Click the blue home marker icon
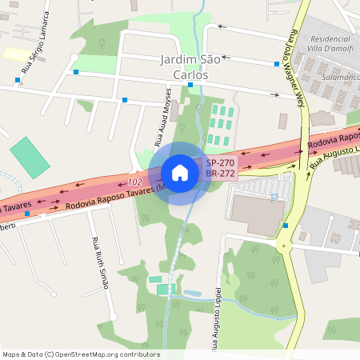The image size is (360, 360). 180,173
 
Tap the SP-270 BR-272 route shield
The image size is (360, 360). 220,167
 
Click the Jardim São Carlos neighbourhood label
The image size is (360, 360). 184,67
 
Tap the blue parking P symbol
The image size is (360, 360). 274,196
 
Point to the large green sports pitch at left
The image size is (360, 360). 29,158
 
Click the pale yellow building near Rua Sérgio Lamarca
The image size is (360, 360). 16,54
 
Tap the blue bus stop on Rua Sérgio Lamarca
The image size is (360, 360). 18,80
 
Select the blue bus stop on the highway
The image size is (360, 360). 27,214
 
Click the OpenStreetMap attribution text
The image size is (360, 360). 81,354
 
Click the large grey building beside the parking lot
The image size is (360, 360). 255,213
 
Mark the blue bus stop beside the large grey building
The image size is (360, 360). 286,226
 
